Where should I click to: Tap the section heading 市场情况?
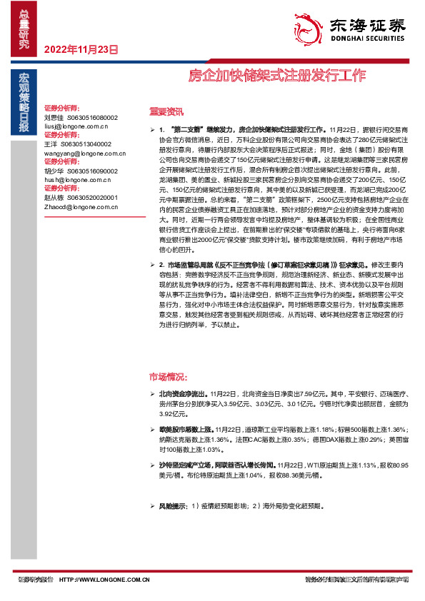point(169,376)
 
